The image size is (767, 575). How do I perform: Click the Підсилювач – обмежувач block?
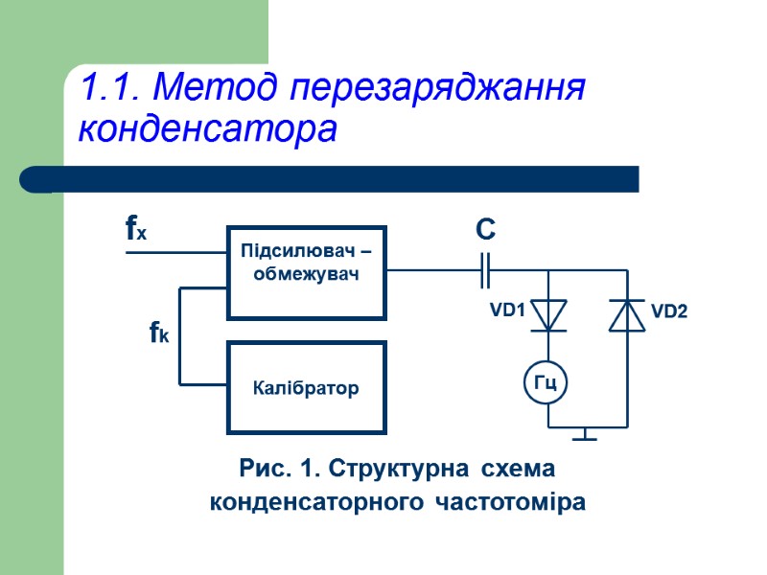[306, 272]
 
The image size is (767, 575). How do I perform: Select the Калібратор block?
[306, 388]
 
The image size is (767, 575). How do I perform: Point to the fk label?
[159, 333]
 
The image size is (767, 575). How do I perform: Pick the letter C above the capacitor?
[485, 230]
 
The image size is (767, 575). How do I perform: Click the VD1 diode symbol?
[548, 315]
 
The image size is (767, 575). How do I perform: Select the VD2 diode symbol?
[627, 315]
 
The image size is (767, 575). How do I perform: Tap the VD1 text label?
[508, 310]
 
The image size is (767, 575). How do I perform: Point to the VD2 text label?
[669, 311]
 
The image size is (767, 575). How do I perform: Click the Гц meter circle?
[546, 383]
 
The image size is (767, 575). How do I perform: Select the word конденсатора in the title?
[208, 128]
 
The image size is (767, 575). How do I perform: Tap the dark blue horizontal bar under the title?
[331, 179]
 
